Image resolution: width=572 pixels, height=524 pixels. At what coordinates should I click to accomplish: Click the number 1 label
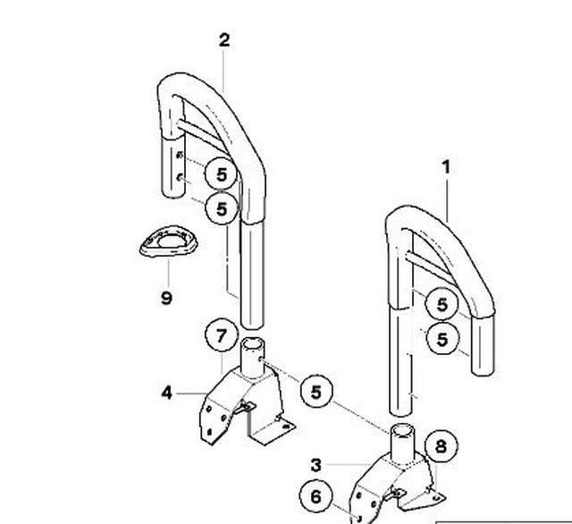tap(446, 166)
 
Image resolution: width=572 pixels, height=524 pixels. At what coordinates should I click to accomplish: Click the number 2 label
tap(223, 39)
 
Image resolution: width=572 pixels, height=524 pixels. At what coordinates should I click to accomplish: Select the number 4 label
tap(166, 392)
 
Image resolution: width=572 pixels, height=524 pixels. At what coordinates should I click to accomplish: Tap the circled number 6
tap(315, 495)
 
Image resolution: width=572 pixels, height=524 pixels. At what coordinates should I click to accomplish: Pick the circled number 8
tap(441, 445)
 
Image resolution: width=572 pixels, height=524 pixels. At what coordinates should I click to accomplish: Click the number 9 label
tap(166, 297)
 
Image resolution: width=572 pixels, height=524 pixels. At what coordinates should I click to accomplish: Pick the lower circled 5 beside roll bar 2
tap(221, 207)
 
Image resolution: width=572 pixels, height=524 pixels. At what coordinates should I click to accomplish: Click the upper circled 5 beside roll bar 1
tap(441, 304)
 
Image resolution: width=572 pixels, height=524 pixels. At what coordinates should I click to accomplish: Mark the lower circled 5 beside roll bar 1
tap(441, 339)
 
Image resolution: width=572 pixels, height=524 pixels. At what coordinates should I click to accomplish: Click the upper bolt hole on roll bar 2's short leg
tap(182, 157)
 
